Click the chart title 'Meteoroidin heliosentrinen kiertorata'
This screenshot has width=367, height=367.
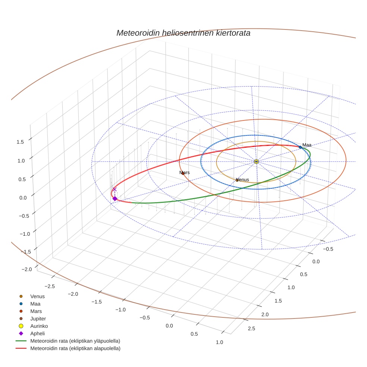click(x=183, y=33)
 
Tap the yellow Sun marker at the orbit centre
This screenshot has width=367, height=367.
click(x=256, y=161)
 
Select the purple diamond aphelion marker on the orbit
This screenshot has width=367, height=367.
click(x=115, y=198)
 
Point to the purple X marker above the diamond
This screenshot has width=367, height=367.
click(x=115, y=189)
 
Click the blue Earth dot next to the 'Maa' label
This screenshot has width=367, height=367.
click(x=300, y=147)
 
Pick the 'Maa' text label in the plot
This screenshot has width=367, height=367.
click(x=307, y=145)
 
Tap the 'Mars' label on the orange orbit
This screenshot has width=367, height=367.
click(x=184, y=173)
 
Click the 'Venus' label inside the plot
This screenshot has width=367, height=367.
click(x=242, y=179)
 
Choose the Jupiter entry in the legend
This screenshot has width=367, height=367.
click(x=38, y=319)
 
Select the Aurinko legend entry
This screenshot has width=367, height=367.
click(x=39, y=326)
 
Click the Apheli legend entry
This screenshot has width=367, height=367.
click(x=37, y=333)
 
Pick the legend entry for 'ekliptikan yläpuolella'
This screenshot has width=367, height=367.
click(x=75, y=341)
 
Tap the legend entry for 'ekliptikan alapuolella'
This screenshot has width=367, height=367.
click(x=75, y=348)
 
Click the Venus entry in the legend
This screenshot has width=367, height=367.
click(x=37, y=296)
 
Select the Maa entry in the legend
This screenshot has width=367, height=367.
click(x=36, y=304)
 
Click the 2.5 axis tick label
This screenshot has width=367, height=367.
click(x=251, y=328)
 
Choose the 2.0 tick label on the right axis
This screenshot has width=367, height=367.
click(x=265, y=315)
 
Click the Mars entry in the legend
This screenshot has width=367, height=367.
click(x=36, y=311)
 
